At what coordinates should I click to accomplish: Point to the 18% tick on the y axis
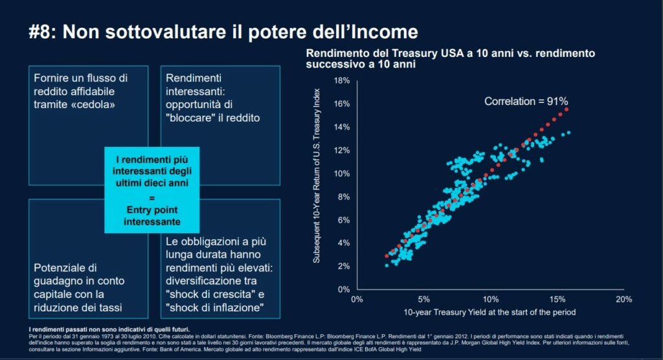[x=343, y=80]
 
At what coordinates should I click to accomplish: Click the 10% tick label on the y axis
[x=343, y=174]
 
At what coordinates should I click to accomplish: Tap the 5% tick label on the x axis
[x=423, y=299]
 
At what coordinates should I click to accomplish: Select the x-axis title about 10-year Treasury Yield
[x=489, y=313]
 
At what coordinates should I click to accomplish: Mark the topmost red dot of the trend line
[x=567, y=109]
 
